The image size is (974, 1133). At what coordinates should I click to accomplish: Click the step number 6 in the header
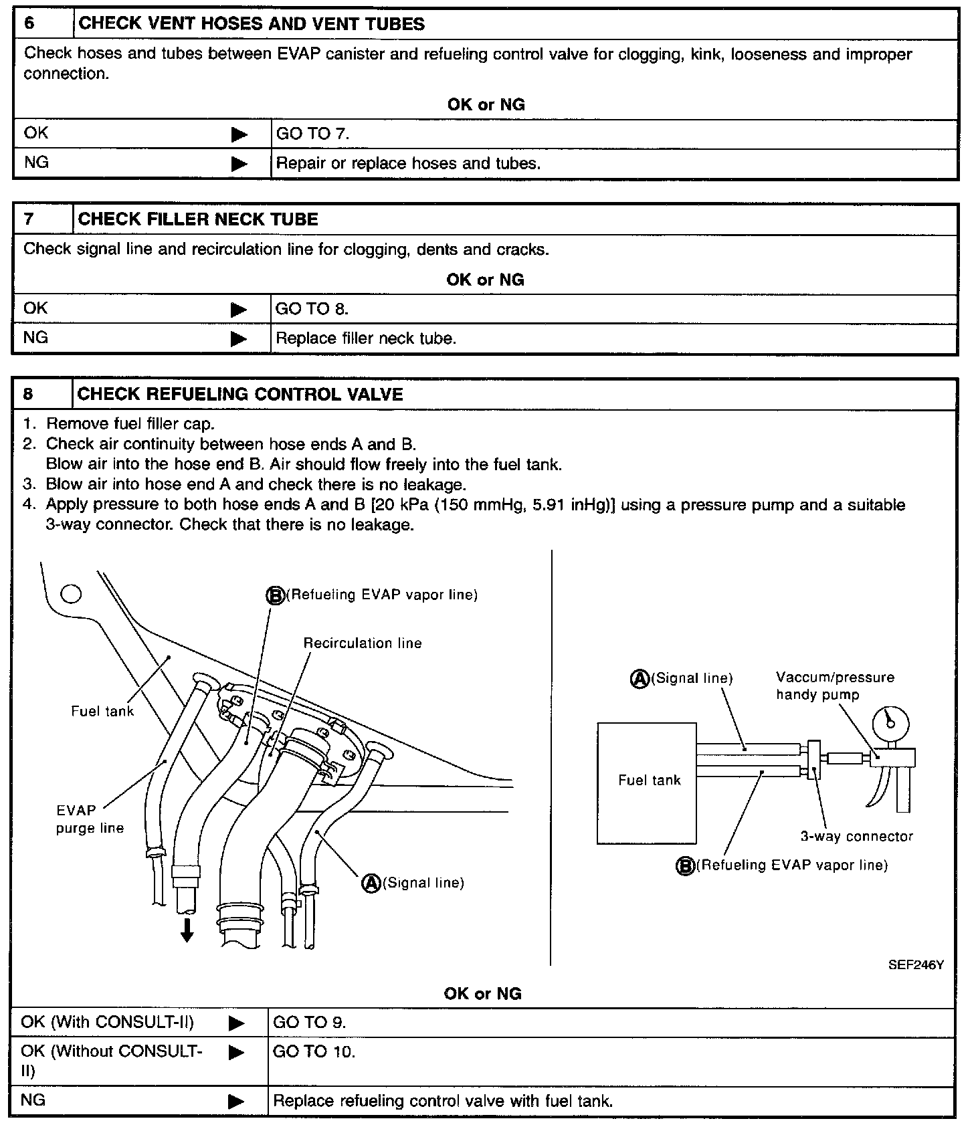29,24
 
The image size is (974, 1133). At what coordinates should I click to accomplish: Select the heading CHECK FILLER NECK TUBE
198,219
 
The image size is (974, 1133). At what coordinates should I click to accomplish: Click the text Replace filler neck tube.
365,338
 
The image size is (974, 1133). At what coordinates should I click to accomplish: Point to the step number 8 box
28,394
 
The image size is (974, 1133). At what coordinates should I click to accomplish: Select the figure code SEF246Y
916,965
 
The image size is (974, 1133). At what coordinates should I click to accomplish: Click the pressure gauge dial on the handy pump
890,722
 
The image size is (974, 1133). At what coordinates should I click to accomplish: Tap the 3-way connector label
856,836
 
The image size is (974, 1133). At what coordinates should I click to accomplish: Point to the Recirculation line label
363,643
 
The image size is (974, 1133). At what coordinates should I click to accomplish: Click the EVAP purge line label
90,819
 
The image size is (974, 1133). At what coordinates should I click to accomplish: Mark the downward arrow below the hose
187,930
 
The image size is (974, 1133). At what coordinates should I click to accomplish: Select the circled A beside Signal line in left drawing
371,883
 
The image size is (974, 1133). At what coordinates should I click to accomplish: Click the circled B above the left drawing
276,595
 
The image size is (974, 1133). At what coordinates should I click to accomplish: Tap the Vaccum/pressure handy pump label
835,686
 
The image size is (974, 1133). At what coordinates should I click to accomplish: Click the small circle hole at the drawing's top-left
71,594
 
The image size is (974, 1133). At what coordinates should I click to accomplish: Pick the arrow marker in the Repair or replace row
239,164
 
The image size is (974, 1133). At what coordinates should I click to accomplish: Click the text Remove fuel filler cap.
130,424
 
